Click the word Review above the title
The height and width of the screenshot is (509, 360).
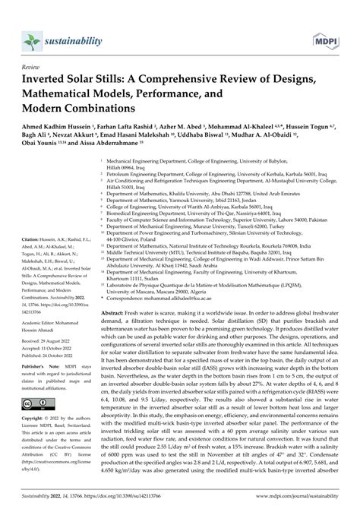pyautogui.click(x=33, y=67)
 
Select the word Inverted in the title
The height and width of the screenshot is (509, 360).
pyautogui.click(x=50, y=81)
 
